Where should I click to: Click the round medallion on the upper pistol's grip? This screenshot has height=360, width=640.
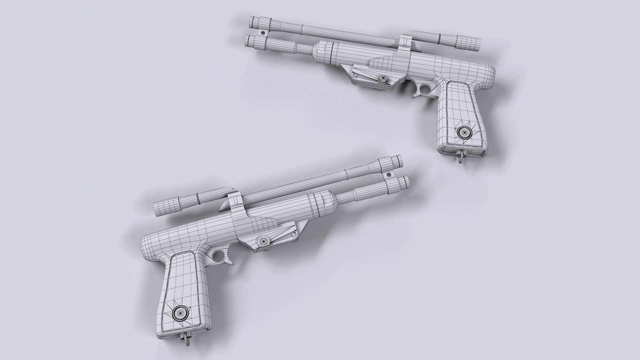(463, 132)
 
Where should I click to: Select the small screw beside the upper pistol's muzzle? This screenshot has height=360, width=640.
(263, 33)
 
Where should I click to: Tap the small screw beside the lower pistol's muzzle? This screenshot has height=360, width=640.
(389, 174)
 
